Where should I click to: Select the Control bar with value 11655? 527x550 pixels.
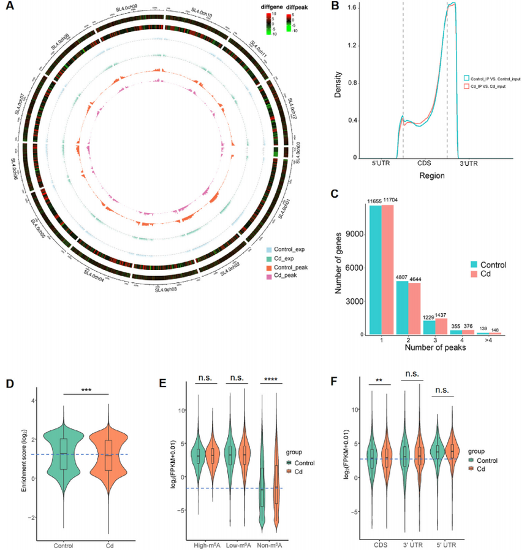[374, 270]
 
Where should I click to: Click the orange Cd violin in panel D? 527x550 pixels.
[108, 455]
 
